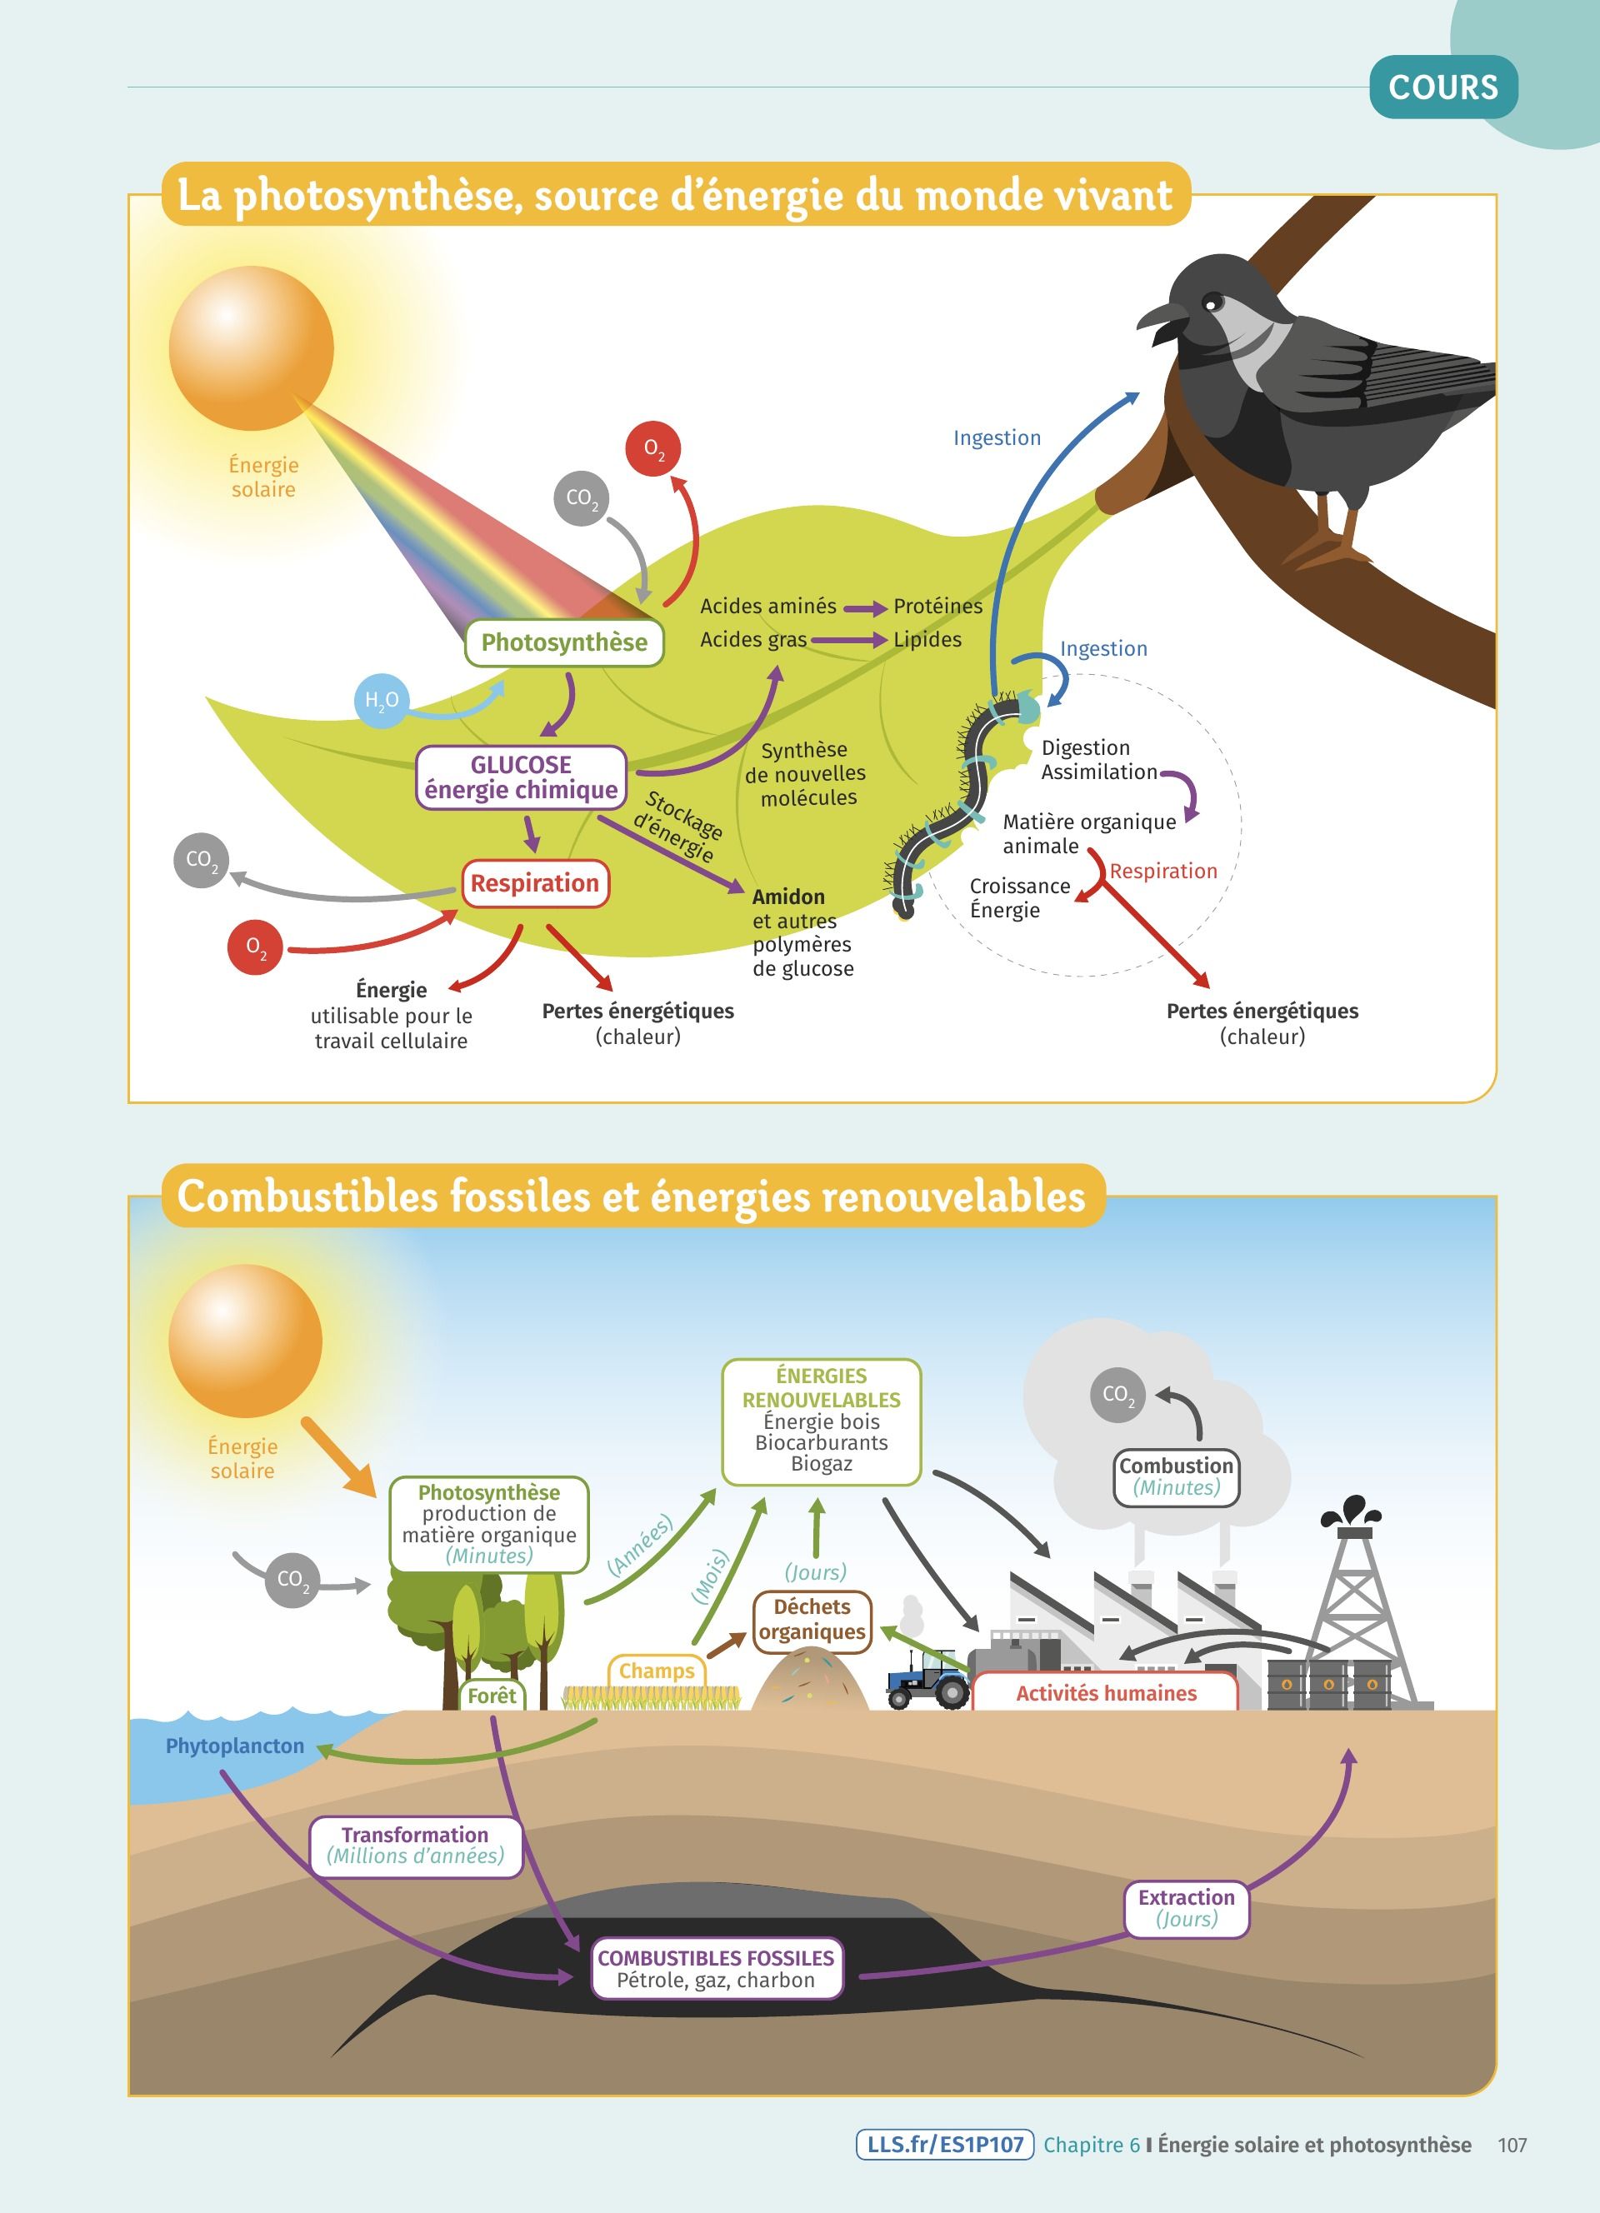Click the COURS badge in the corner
click(x=1443, y=87)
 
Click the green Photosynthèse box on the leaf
click(x=564, y=643)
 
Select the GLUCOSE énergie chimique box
click(x=521, y=777)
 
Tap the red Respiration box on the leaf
click(x=535, y=883)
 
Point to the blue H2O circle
click(x=381, y=701)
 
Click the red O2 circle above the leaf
click(x=652, y=449)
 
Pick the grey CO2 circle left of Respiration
click(x=201, y=860)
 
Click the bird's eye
click(x=1212, y=301)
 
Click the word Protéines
click(x=937, y=606)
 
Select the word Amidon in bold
click(x=788, y=897)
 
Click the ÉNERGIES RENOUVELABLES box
click(x=822, y=1421)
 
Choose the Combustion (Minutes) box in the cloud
click(x=1176, y=1477)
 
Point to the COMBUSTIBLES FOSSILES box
click(x=716, y=1968)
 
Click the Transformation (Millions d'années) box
click(x=416, y=1846)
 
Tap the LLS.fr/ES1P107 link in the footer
click(x=944, y=2144)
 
